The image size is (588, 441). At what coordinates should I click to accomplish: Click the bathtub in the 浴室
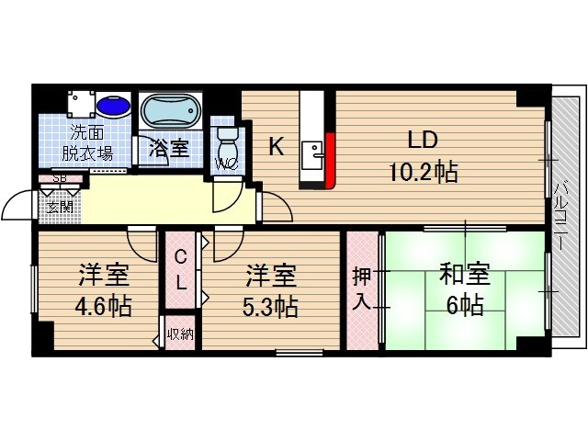coord(170,113)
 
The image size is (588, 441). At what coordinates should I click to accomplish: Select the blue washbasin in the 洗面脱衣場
coord(113,107)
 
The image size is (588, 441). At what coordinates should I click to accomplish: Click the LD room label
coord(423,141)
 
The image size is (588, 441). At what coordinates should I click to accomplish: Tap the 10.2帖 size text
coord(423,171)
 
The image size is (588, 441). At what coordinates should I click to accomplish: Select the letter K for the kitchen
coord(275,146)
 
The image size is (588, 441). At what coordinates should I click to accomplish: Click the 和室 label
coord(464,275)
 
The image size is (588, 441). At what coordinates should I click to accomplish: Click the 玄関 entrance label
coord(61,206)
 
